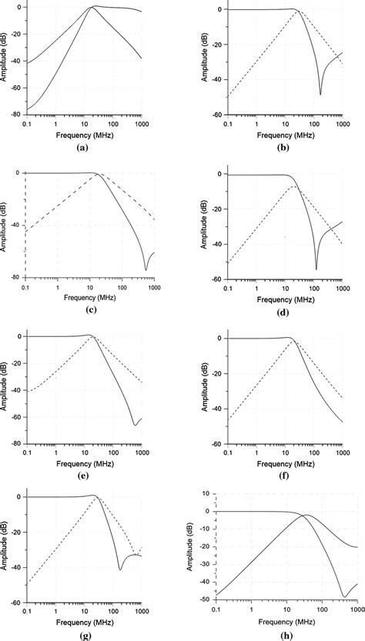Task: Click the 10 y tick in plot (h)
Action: click(x=203, y=492)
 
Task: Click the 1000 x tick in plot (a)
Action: click(x=139, y=123)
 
